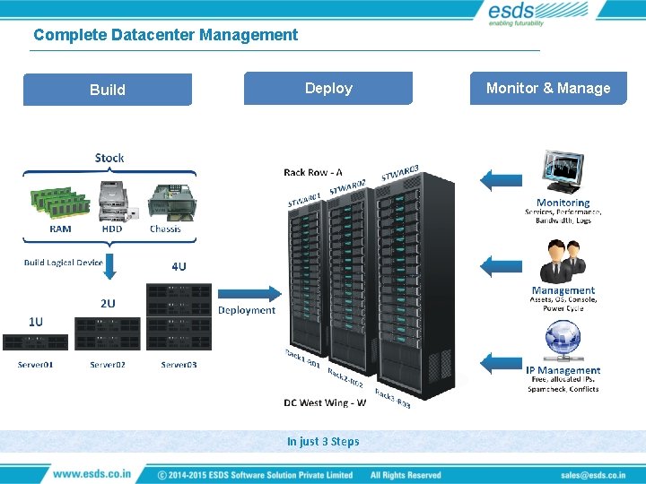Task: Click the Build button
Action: [108, 90]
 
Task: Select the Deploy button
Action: [328, 88]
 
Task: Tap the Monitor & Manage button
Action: [548, 88]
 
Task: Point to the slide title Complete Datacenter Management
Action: [165, 35]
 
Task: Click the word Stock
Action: [109, 158]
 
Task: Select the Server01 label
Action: [36, 365]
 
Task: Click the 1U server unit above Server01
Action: [36, 342]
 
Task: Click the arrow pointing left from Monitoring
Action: [500, 178]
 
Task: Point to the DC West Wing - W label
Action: [325, 402]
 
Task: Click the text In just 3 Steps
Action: [323, 441]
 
